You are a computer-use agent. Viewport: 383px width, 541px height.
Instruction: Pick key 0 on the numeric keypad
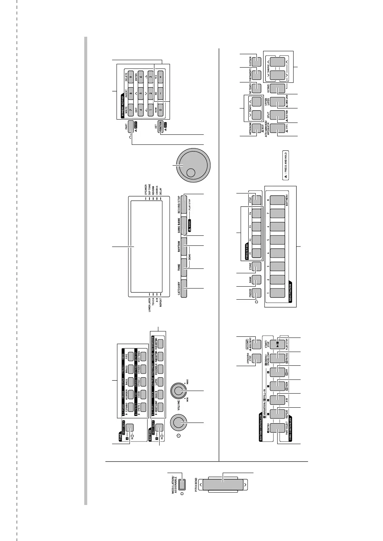[x=161, y=108]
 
